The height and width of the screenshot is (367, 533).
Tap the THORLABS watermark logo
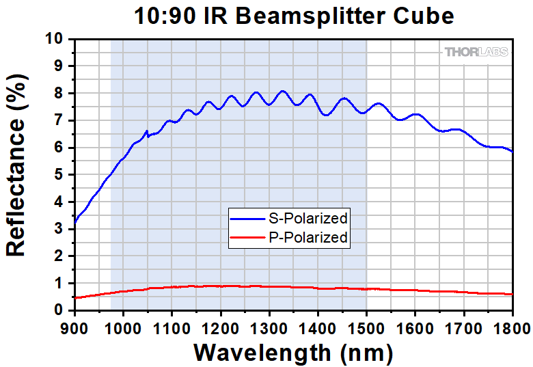(x=476, y=52)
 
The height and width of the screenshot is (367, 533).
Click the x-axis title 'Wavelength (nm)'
(x=293, y=353)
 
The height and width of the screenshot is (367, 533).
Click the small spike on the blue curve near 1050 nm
(x=147, y=131)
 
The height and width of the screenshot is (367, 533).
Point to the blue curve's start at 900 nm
(x=74, y=222)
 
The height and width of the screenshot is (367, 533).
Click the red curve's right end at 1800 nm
(x=512, y=294)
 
